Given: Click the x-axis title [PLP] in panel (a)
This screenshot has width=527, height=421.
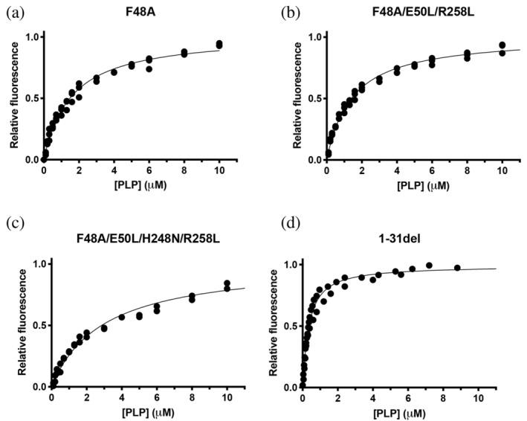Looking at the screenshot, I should pos(123,183).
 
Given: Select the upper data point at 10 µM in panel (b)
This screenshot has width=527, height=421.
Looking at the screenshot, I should pos(502,45).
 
